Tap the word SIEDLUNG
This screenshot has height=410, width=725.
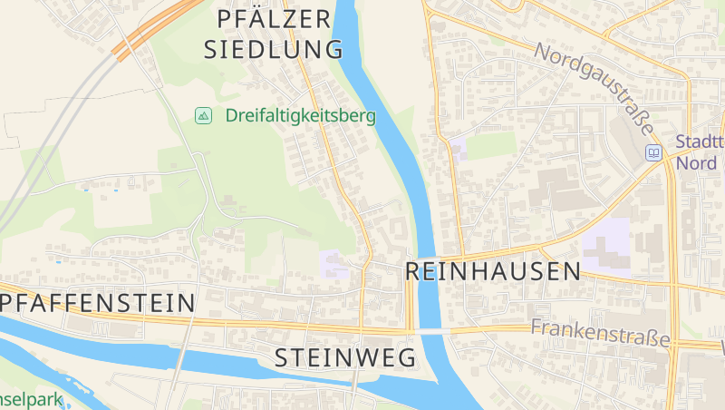point(274,49)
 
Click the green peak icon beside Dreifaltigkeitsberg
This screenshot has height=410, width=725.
point(204,115)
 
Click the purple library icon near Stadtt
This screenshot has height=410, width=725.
point(653,153)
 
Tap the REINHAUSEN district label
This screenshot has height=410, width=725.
point(493,270)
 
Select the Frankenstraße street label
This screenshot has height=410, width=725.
point(601,333)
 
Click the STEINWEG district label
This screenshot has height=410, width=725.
point(344,357)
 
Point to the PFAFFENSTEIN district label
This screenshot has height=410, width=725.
point(98,301)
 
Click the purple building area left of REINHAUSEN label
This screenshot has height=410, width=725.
point(333,263)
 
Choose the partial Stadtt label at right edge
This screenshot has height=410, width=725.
point(700,142)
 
